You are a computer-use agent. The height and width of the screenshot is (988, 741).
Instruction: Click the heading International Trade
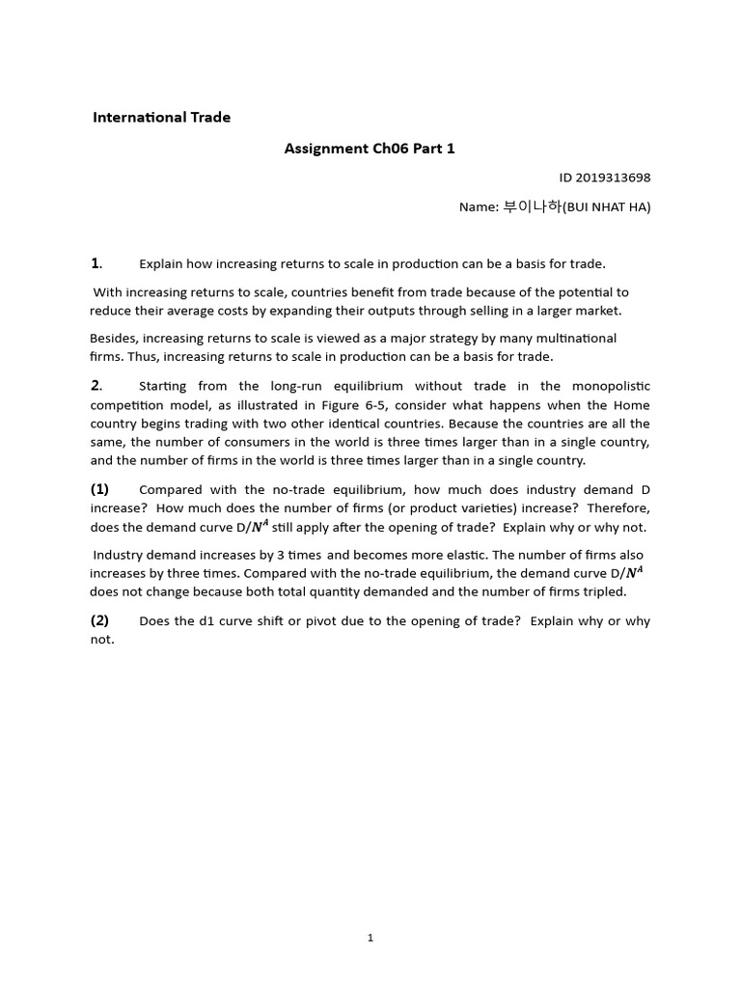(161, 118)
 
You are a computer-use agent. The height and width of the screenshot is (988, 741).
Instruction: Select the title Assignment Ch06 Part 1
(369, 149)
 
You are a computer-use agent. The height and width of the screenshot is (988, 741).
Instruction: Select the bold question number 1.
(96, 263)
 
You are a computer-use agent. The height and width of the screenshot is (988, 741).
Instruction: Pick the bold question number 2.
(96, 386)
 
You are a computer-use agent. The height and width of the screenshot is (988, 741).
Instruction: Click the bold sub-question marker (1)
(100, 489)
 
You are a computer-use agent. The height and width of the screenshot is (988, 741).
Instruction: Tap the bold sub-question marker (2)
(100, 620)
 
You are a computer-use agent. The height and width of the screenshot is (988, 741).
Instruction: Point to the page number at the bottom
(370, 938)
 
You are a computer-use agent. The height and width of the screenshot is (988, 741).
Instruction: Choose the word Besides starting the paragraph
(113, 338)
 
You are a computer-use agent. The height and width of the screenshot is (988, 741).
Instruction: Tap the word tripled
(603, 591)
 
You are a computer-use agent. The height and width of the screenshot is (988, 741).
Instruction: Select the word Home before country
(631, 404)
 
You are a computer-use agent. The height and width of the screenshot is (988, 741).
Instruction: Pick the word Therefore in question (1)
(617, 508)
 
